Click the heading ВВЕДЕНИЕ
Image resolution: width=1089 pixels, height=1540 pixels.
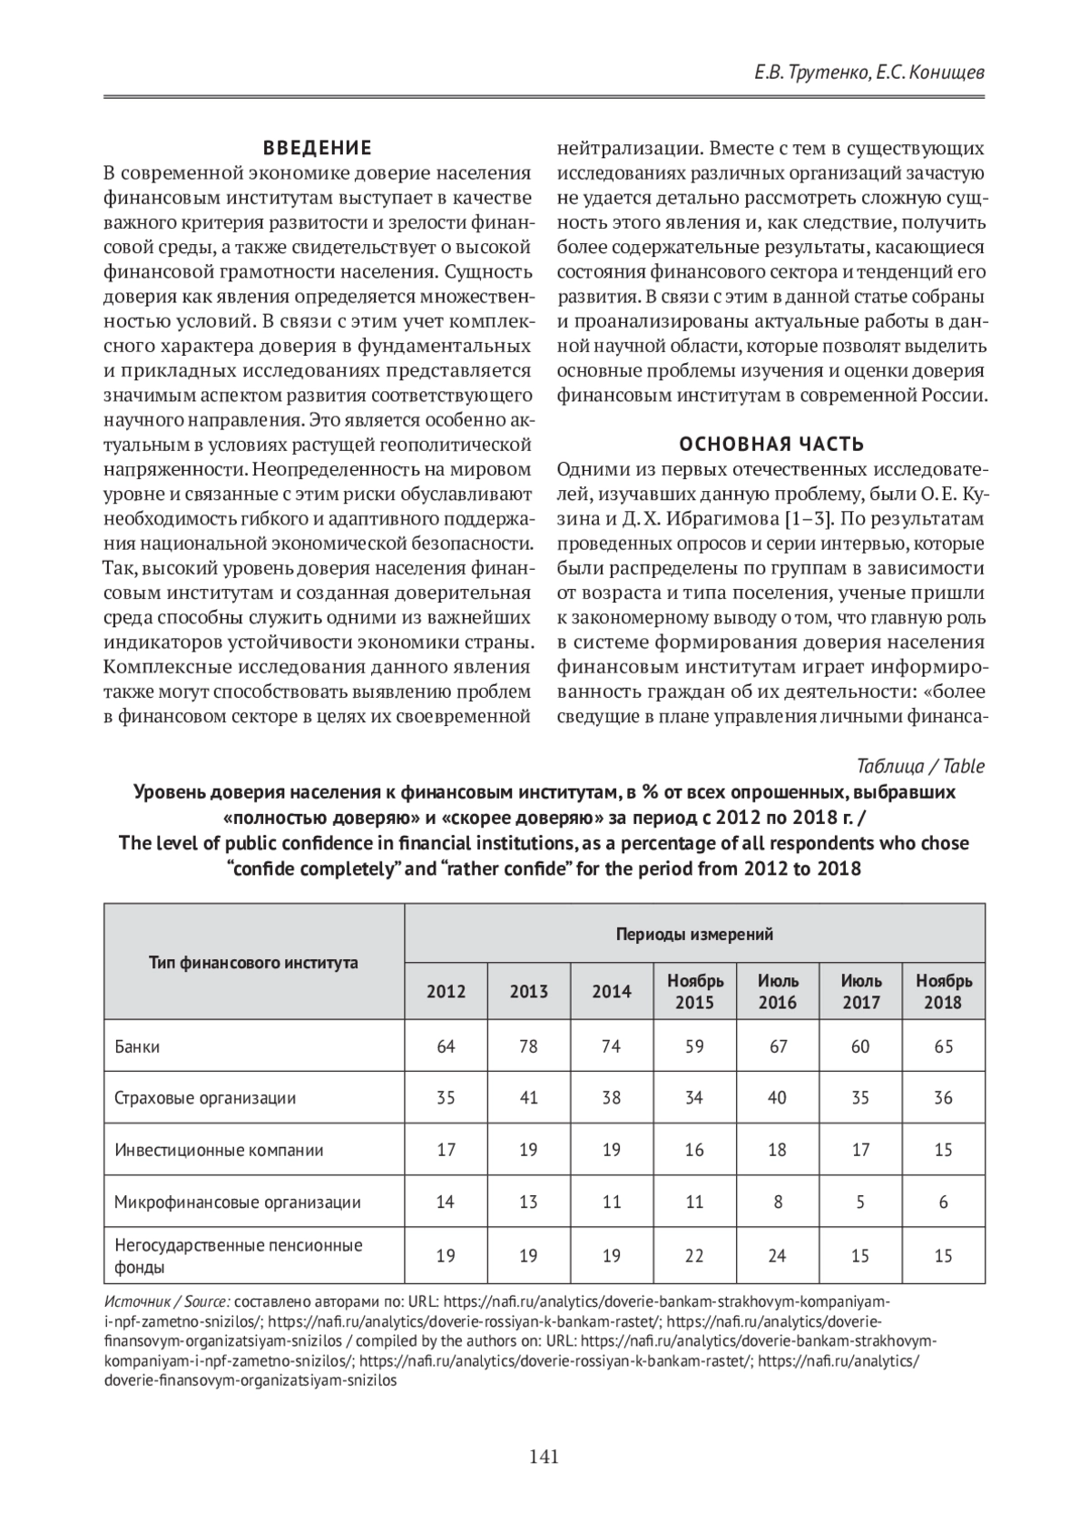317,148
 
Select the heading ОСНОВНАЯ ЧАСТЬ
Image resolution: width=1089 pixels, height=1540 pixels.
772,444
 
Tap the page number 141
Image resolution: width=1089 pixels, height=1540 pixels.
544,1457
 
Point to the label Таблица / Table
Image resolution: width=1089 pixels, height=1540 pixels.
920,766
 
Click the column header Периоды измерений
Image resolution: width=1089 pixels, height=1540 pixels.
694,934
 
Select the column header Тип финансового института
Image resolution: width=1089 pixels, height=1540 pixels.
253,962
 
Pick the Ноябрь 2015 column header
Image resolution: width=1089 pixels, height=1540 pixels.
695,991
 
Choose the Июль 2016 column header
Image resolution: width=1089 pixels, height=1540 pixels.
778,991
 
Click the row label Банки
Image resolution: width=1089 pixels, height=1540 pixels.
137,1046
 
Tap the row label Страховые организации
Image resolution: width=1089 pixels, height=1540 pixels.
205,1098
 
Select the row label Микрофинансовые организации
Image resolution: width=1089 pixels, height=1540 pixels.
238,1202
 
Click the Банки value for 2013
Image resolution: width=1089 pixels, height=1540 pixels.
528,1046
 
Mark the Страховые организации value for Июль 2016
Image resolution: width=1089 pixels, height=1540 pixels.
778,1098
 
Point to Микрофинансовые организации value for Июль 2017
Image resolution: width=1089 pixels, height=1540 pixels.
860,1202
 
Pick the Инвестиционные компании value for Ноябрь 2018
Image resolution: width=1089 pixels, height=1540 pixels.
944,1150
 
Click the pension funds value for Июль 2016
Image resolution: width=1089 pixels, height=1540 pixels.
778,1256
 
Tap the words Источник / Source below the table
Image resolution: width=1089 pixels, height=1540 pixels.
167,1300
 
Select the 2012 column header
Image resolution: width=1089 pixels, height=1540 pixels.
446,991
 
